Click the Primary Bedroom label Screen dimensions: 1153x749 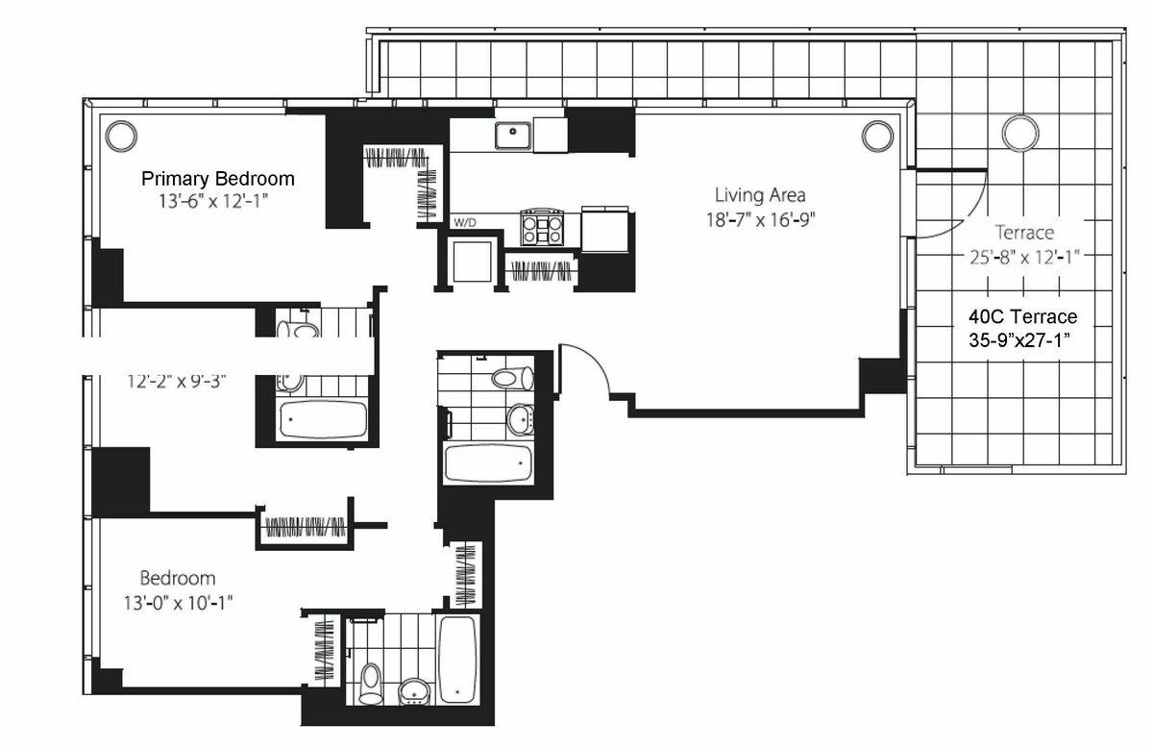[x=218, y=179]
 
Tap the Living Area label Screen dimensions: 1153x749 [x=760, y=195]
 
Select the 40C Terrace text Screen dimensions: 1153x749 [x=1022, y=316]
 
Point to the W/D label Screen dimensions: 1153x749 [x=464, y=222]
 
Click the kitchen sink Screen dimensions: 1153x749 [x=513, y=135]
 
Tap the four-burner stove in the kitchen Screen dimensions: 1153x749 [x=541, y=227]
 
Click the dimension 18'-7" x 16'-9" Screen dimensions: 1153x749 [x=760, y=220]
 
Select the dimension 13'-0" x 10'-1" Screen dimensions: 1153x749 [x=178, y=602]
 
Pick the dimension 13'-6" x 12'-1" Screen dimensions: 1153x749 [x=213, y=201]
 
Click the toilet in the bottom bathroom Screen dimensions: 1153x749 [x=370, y=684]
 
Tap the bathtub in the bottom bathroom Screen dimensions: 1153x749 [x=457, y=660]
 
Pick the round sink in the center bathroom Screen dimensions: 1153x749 [x=520, y=419]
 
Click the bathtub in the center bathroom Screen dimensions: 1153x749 [x=488, y=463]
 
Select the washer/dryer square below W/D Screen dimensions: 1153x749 [x=472, y=261]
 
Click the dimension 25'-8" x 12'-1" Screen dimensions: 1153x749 [x=1024, y=257]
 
